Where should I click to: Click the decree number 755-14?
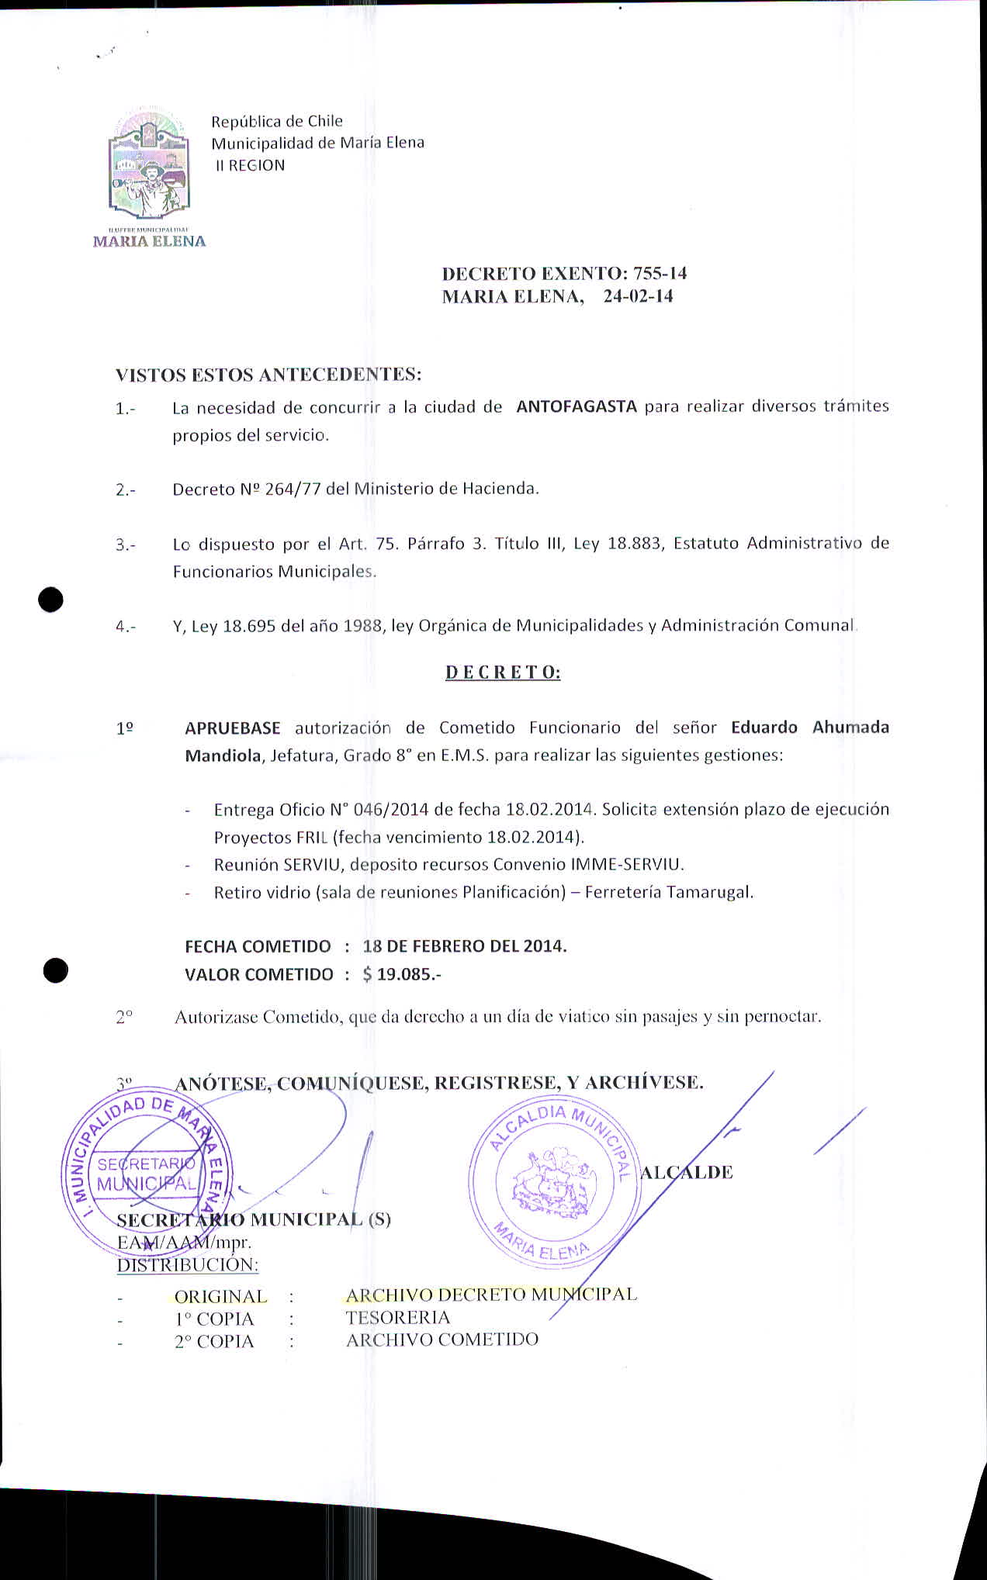pyautogui.click(x=660, y=274)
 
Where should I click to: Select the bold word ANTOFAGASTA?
pyautogui.click(x=577, y=406)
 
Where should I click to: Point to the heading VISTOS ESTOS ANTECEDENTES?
pyautogui.click(x=268, y=375)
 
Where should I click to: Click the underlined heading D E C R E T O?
pyautogui.click(x=503, y=672)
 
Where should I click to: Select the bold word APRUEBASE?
pyautogui.click(x=233, y=728)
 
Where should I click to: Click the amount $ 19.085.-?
pyautogui.click(x=401, y=974)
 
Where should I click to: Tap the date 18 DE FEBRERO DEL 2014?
pyautogui.click(x=464, y=946)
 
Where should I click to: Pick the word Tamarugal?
pyautogui.click(x=714, y=892)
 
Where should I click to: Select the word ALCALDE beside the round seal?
pyautogui.click(x=686, y=1173)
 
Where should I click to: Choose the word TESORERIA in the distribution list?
pyautogui.click(x=397, y=1318)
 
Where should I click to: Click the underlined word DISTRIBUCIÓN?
pyautogui.click(x=188, y=1265)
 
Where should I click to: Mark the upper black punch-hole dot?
pyautogui.click(x=51, y=600)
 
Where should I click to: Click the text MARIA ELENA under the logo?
pyautogui.click(x=149, y=241)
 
